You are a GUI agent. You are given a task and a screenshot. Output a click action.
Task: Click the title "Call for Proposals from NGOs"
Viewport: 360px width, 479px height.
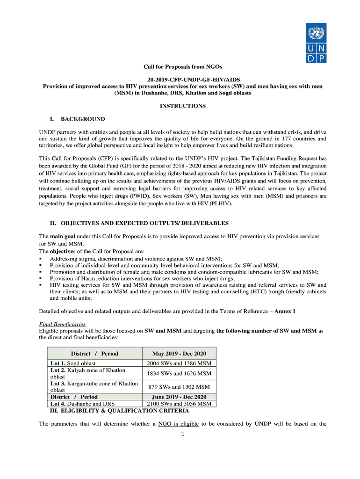tap(180, 67)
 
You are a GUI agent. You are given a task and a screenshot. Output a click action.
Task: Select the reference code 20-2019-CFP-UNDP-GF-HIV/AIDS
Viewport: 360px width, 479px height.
tap(180, 80)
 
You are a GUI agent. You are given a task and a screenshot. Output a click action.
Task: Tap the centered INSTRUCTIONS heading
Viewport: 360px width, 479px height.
tap(180, 106)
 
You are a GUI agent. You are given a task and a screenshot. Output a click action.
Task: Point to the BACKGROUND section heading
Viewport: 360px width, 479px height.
tap(82, 119)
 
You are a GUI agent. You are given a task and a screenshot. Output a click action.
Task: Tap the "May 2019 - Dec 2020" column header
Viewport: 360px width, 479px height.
tap(179, 354)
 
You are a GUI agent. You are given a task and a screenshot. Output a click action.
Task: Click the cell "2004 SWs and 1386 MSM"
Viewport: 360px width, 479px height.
tap(179, 363)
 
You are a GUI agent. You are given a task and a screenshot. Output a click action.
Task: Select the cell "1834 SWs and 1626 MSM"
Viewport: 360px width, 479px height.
tap(179, 373)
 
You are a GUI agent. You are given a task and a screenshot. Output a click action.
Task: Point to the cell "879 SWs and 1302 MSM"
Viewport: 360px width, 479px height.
tap(179, 387)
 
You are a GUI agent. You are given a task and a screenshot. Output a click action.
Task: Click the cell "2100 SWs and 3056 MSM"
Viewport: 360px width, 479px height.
tap(179, 404)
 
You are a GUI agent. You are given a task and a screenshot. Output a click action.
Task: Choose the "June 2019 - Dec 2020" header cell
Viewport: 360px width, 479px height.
tap(179, 397)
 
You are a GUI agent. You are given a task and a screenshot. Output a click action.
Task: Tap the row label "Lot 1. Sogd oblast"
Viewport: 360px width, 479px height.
tap(73, 363)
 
